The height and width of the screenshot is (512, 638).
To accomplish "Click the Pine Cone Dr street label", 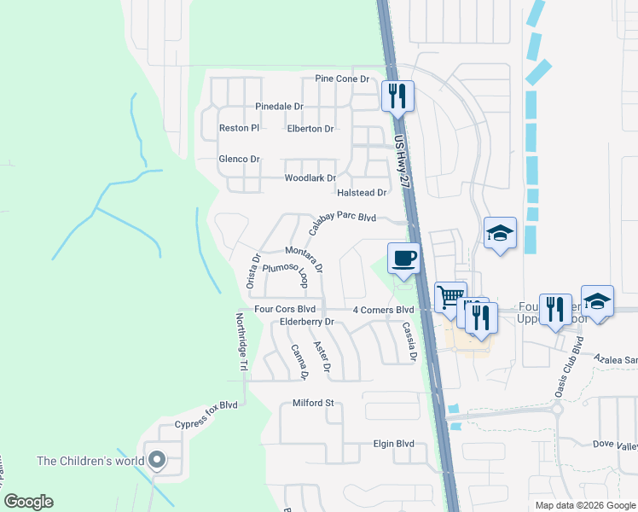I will (342, 79).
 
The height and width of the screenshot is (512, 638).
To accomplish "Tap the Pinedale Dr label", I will (279, 107).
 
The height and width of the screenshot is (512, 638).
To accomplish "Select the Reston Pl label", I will (239, 128).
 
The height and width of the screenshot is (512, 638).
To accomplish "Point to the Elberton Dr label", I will (310, 129).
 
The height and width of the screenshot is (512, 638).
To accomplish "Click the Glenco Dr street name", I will (239, 160).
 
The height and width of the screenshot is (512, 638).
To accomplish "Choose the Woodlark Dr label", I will (310, 178).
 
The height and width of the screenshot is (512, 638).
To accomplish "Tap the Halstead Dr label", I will (362, 193).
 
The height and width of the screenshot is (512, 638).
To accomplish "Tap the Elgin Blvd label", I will (393, 444).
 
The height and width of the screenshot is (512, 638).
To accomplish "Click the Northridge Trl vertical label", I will (241, 340).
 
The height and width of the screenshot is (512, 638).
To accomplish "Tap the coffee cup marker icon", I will (403, 257).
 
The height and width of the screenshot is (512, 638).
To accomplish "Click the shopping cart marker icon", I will (450, 297).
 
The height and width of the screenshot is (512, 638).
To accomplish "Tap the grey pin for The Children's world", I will (156, 460).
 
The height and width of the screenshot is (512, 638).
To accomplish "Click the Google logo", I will (28, 502).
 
